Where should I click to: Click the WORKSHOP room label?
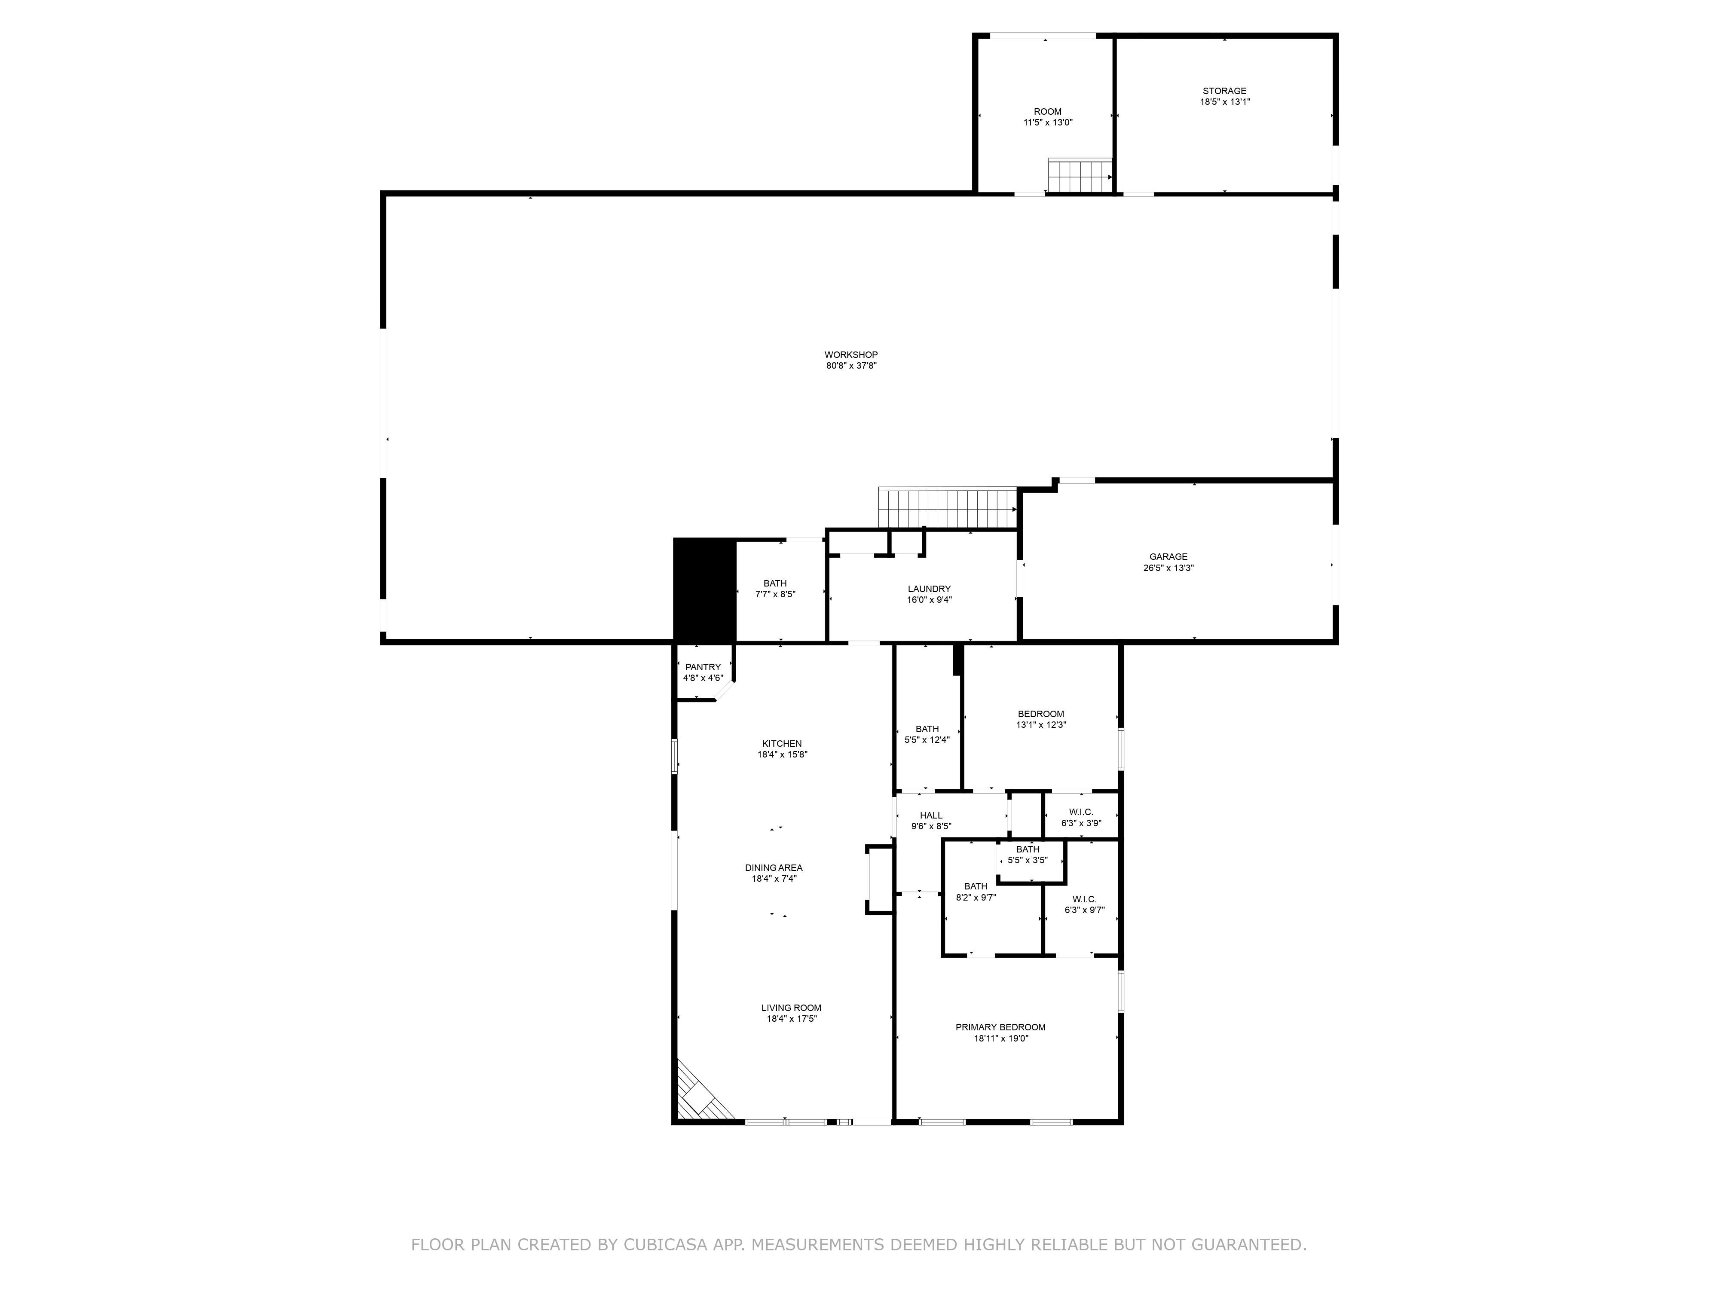(x=851, y=355)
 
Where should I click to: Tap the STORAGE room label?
(x=1225, y=91)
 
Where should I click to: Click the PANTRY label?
(x=704, y=667)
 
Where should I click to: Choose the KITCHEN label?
(x=782, y=744)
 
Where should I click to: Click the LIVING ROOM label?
(x=791, y=1008)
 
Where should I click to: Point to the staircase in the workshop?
(x=947, y=508)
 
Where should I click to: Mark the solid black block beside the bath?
(x=704, y=589)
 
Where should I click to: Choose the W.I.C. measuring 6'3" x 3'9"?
(x=1081, y=817)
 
